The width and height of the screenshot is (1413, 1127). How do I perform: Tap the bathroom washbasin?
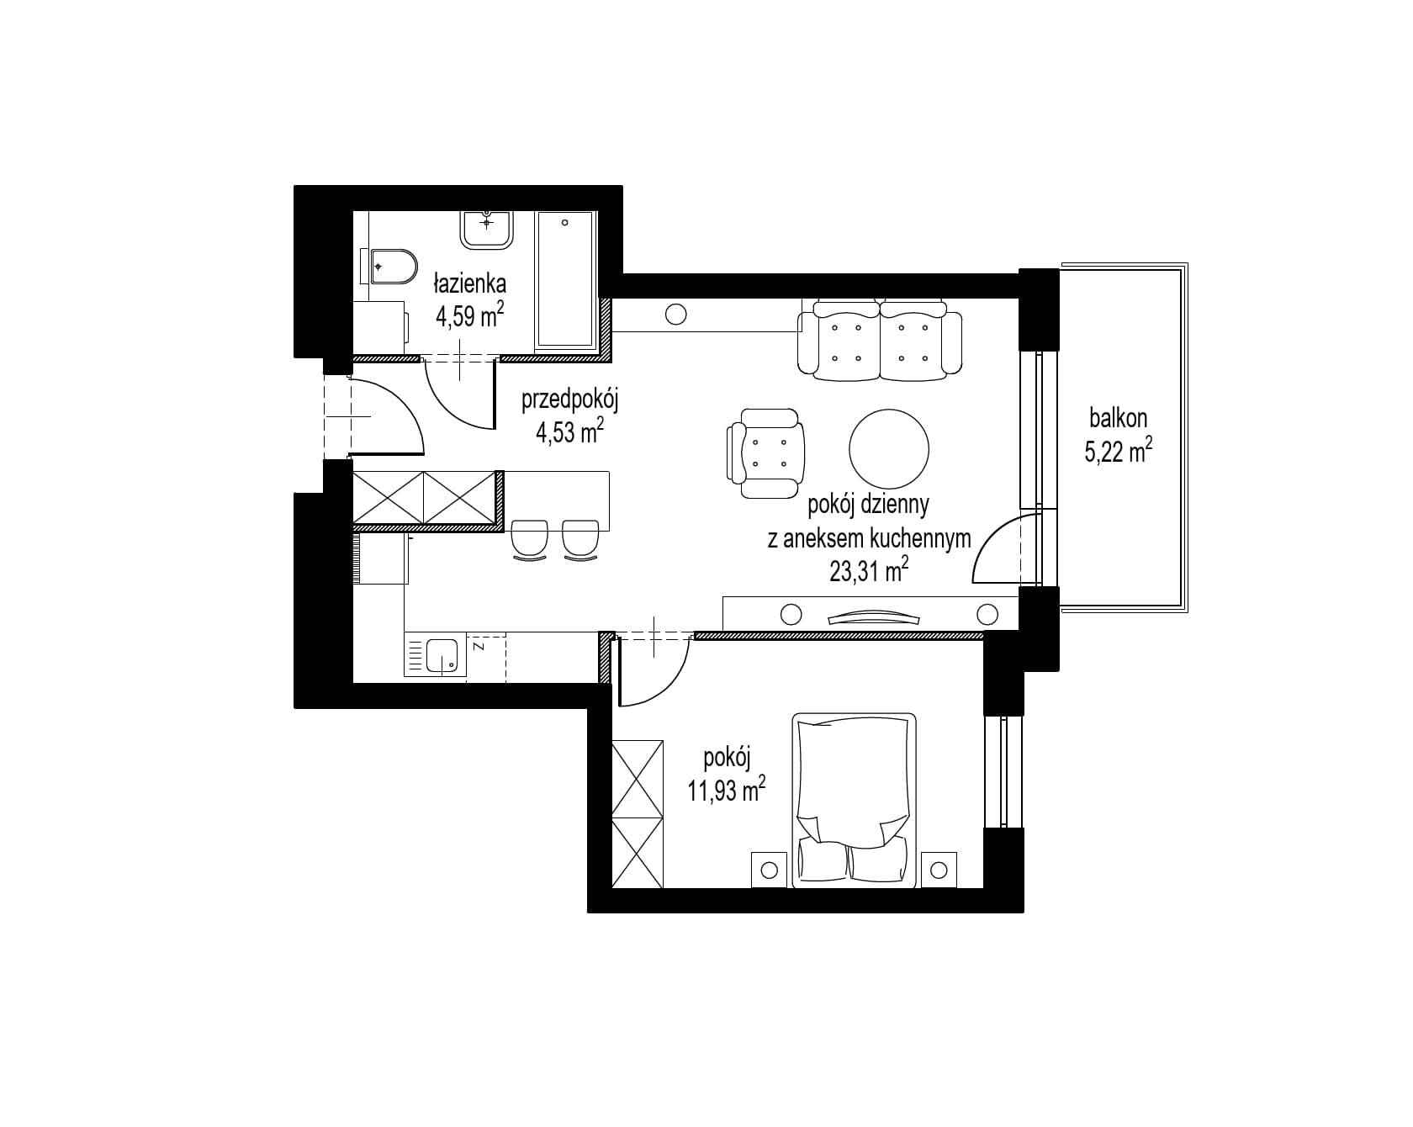(487, 229)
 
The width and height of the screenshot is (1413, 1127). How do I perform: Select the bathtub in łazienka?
(565, 280)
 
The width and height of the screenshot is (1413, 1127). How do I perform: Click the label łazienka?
(470, 282)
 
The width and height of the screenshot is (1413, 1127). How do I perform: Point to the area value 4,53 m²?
(570, 432)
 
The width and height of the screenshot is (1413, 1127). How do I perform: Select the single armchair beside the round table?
(765, 453)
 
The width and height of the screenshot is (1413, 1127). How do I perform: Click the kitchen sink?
(442, 656)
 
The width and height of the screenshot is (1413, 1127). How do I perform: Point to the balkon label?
(1118, 417)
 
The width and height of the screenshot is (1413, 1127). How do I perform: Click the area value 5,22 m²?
(1118, 452)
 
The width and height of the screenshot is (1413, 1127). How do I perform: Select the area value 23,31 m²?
(869, 572)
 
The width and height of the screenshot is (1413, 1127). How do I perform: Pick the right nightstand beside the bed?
(939, 869)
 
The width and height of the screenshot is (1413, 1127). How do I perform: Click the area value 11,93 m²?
(727, 790)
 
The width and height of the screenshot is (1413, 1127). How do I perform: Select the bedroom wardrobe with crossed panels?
(638, 813)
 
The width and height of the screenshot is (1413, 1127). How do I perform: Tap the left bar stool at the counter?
(530, 538)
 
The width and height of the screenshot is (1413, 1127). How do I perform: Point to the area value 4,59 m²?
(470, 316)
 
